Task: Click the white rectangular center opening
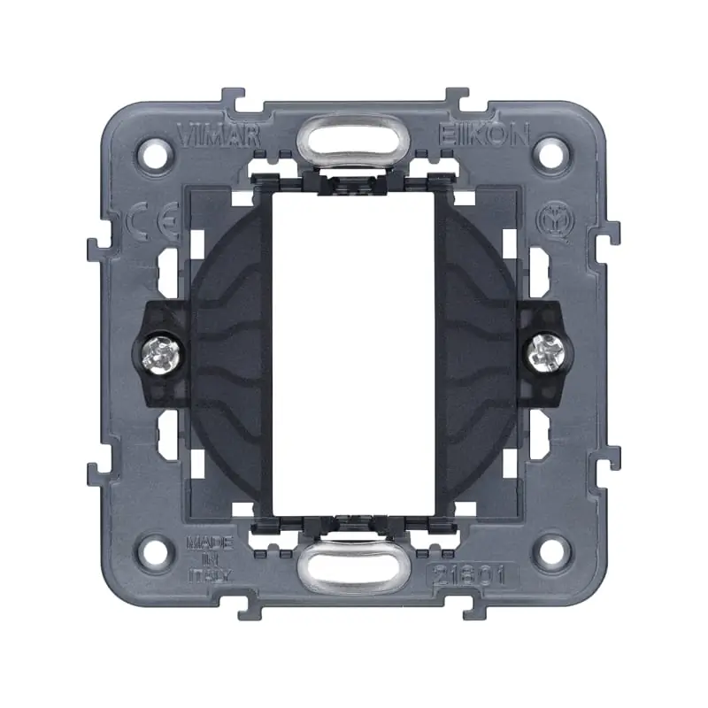coord(352,351)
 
